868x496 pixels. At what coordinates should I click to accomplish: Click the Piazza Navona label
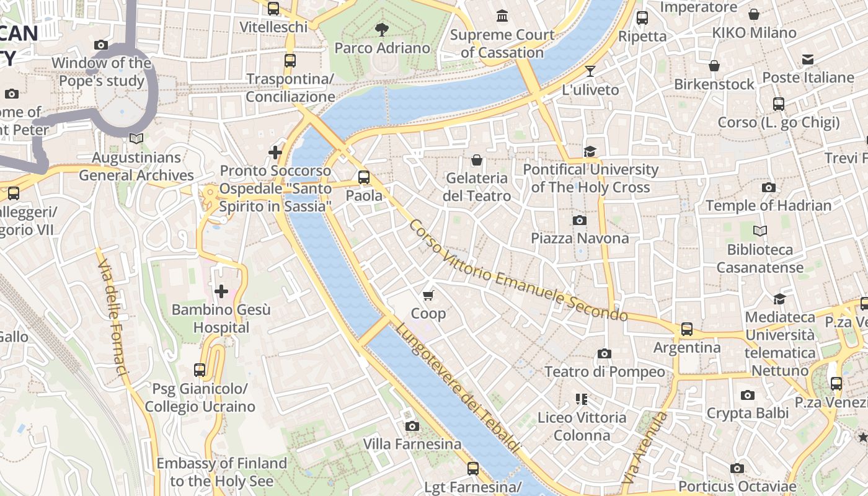click(580, 238)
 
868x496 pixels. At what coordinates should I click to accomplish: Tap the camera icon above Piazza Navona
click(580, 220)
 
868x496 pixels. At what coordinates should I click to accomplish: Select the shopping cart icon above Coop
click(428, 295)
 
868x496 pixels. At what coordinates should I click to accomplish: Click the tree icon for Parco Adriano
click(382, 29)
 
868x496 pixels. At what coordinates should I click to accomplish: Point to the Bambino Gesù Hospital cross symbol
click(221, 291)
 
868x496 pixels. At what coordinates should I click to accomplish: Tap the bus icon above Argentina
click(687, 329)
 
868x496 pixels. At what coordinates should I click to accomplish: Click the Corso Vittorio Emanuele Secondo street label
click(518, 272)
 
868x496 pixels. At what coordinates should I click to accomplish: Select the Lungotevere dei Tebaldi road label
click(458, 388)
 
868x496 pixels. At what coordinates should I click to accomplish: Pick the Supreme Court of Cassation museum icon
click(502, 15)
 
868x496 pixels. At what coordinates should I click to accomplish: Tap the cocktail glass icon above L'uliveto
click(590, 71)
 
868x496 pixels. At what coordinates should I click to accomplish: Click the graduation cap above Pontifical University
click(590, 151)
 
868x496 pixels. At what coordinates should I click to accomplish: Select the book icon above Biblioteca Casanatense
click(759, 231)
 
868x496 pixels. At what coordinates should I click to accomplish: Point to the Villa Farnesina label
click(412, 444)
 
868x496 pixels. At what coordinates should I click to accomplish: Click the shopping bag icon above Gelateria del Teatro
click(477, 160)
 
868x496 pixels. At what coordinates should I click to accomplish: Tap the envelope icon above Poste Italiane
click(807, 60)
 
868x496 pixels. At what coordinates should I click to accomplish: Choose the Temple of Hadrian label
click(768, 205)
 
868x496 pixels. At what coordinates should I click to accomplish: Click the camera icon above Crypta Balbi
click(747, 395)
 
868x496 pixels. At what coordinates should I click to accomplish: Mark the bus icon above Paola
click(364, 177)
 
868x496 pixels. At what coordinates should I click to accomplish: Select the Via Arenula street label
click(646, 448)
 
